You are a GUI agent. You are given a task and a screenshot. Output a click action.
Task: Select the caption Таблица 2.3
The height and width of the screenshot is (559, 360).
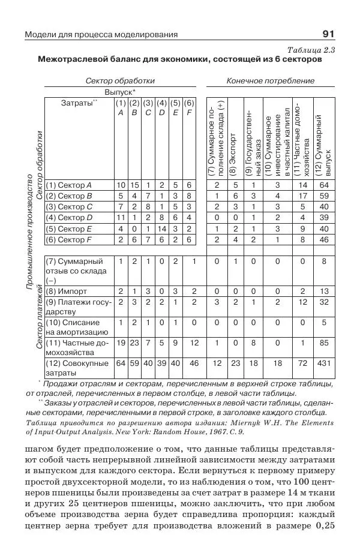pos(311,50)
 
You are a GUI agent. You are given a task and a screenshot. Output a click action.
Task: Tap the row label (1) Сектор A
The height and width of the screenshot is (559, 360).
pos(69,185)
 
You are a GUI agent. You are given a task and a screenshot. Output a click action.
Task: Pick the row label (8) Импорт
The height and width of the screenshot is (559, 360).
pos(64,291)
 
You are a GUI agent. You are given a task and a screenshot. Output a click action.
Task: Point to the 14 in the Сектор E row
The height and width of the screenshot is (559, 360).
pos(161,229)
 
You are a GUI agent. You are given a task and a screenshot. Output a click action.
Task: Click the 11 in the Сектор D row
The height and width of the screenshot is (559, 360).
pos(119,218)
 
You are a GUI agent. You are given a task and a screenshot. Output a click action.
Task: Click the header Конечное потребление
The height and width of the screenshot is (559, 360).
pos(271,80)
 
